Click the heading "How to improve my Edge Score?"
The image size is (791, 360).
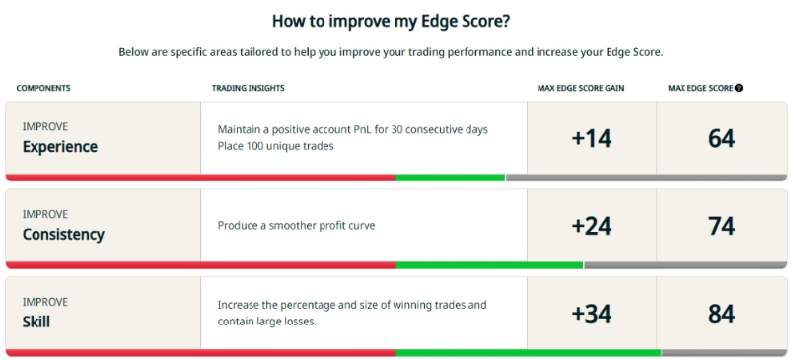[x=391, y=21]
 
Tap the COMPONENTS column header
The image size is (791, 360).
[x=43, y=88]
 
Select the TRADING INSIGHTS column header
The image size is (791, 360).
[x=249, y=88]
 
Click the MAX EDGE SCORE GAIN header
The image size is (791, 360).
[x=581, y=88]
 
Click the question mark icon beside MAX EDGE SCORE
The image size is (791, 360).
[x=739, y=88]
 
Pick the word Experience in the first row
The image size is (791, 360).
[x=60, y=147]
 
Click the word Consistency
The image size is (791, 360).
[x=63, y=235]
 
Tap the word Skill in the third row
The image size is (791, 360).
[x=36, y=322]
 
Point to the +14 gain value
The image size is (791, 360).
[x=592, y=139]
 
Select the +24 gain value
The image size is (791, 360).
[x=592, y=226]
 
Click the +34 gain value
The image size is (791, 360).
[x=592, y=314]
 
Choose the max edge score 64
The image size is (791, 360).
[x=722, y=139]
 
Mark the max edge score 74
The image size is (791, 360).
[x=722, y=226]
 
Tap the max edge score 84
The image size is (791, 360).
[x=722, y=314]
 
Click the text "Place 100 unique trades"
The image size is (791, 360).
[x=276, y=146]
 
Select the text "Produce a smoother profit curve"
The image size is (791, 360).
[x=297, y=226]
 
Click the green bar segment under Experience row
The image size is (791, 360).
[x=451, y=178]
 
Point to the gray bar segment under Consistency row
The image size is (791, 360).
[x=685, y=265]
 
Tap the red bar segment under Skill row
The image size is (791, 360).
[x=201, y=353]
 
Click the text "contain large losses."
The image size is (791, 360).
[x=267, y=322]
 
